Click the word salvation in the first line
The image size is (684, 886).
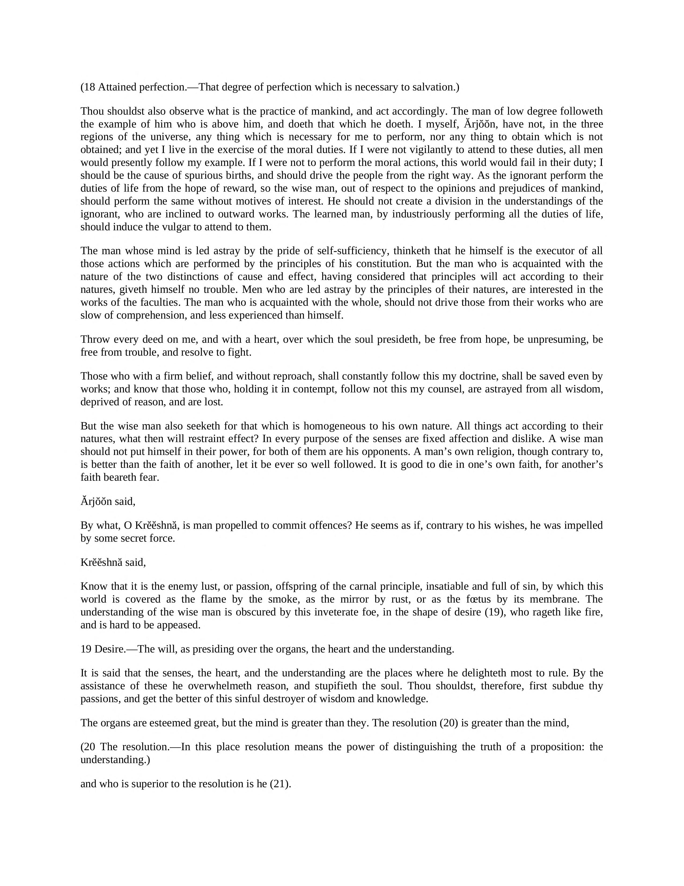(x=436, y=87)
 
